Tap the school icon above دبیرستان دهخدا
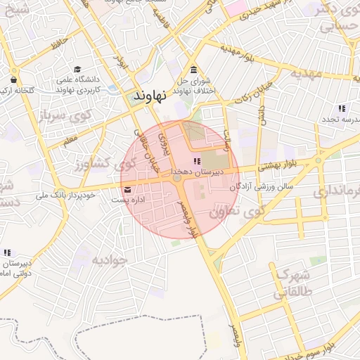[x=195, y=162]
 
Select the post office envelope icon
[x=127, y=190]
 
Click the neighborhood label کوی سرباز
[x=63, y=114]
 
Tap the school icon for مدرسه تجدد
[x=341, y=108]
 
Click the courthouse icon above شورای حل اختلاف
[x=194, y=70]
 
